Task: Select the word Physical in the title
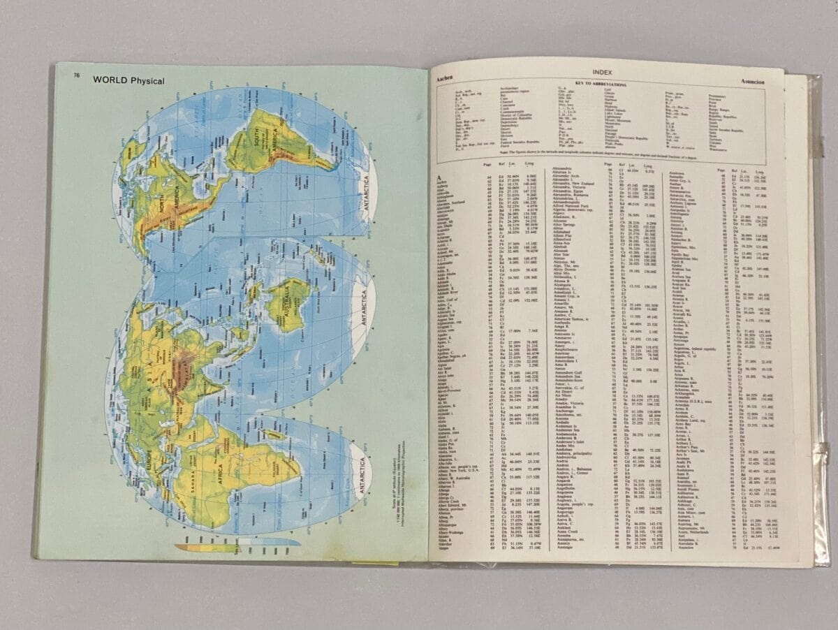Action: [x=147, y=81]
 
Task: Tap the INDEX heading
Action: [x=601, y=72]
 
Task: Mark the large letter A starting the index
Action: [x=441, y=178]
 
